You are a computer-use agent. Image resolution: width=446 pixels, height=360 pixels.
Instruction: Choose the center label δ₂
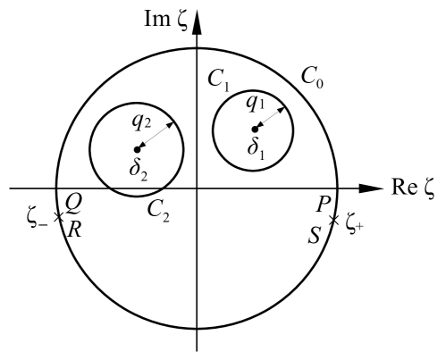(x=138, y=166)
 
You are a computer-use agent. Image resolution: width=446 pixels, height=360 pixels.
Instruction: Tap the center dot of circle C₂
(x=136, y=149)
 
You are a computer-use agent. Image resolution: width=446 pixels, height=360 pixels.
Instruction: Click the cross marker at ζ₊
(x=333, y=220)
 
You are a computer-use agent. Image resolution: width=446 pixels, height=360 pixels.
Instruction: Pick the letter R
(x=75, y=229)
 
